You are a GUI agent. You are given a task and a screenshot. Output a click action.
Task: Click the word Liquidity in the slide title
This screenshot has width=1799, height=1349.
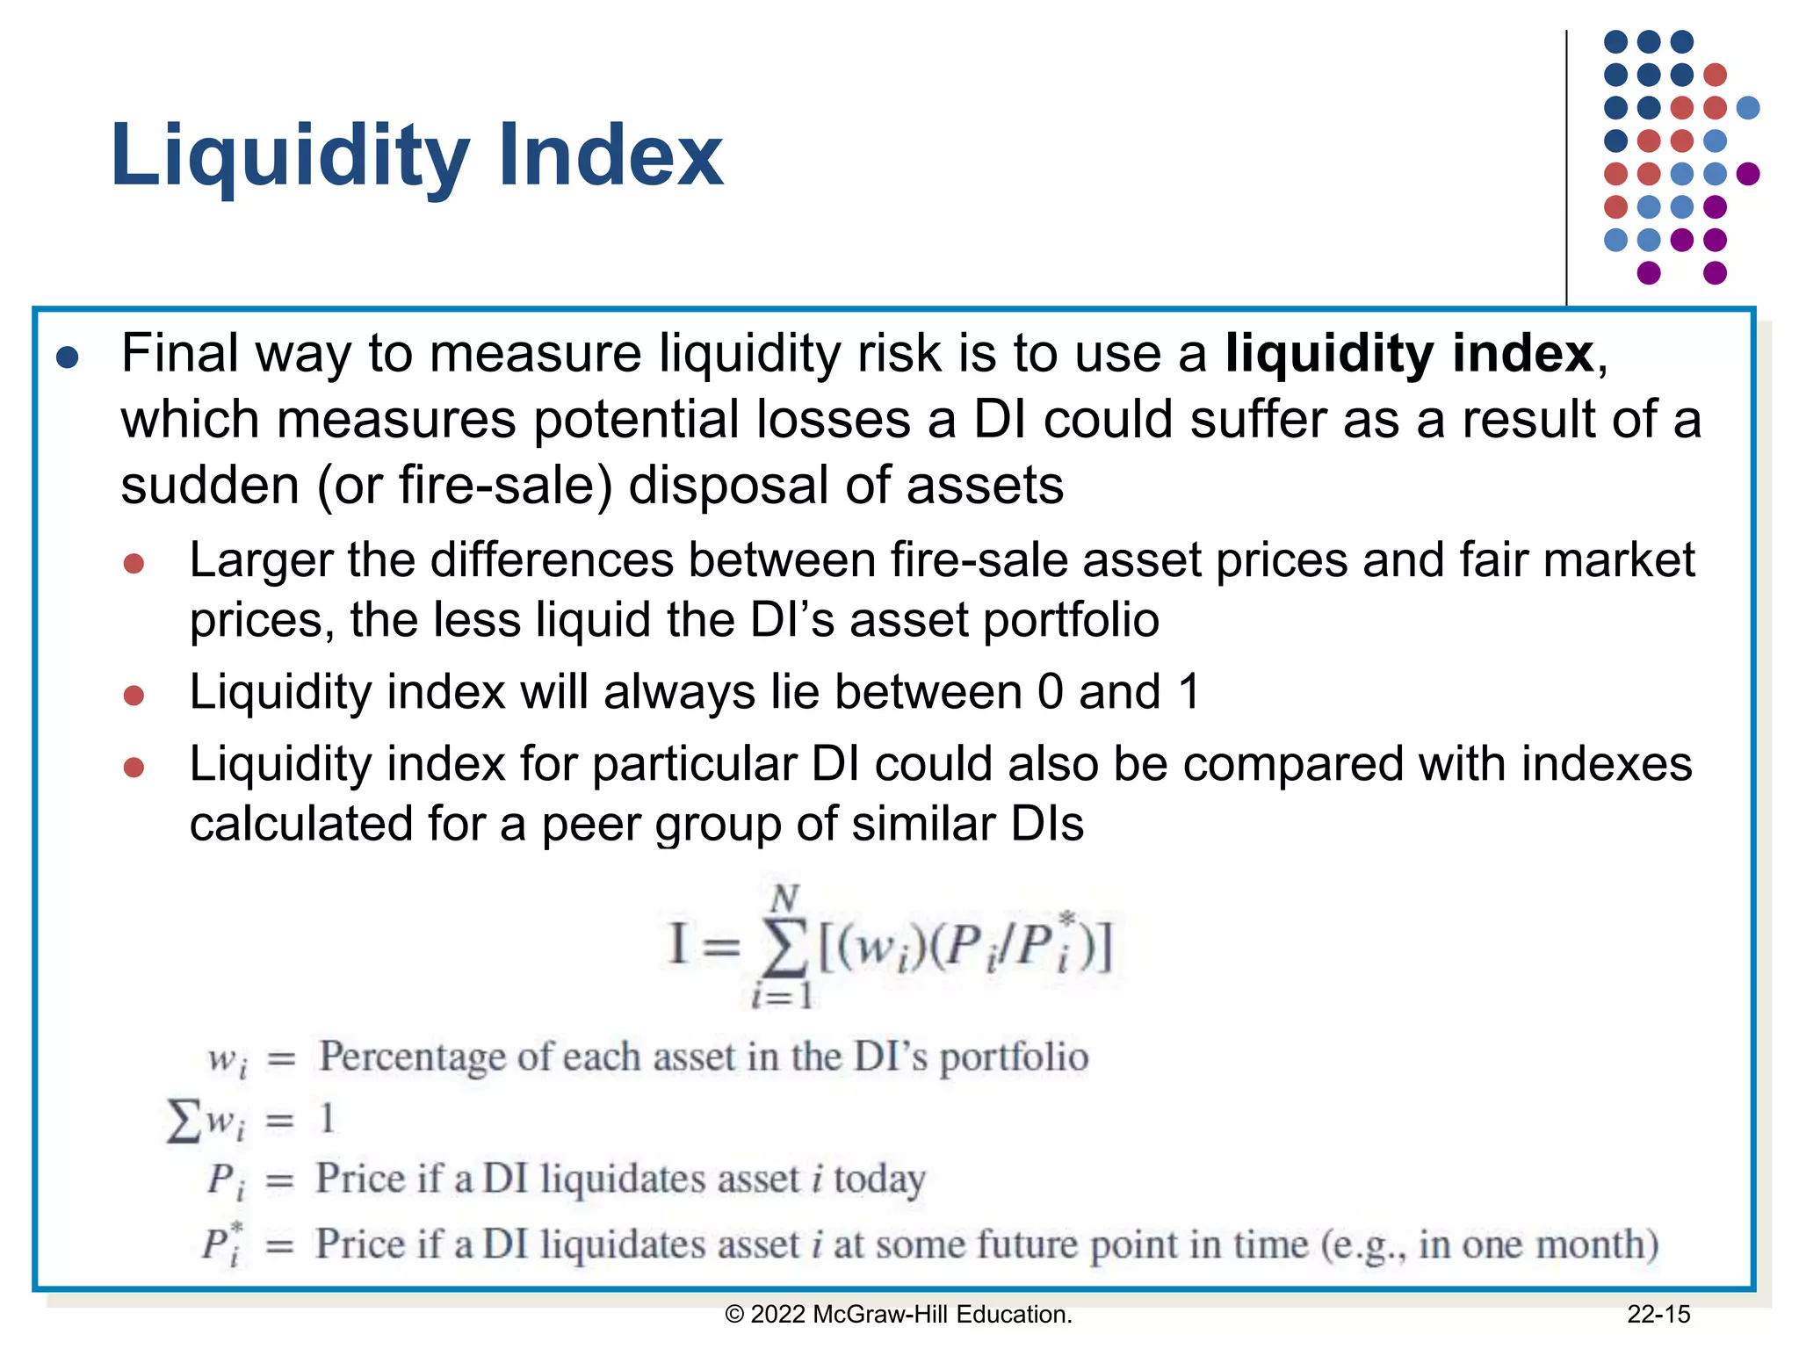click(290, 156)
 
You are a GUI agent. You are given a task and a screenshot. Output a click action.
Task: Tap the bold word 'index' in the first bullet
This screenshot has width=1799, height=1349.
click(1522, 353)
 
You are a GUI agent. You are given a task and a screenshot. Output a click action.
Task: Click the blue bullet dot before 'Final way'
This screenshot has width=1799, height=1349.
click(68, 357)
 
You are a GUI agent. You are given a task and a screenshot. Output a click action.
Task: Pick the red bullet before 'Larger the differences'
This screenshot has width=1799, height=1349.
click(134, 563)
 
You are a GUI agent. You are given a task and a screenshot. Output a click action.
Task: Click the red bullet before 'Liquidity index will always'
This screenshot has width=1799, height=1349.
click(134, 696)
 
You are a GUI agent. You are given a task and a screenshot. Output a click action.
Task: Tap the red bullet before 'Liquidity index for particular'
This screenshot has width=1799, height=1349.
click(134, 768)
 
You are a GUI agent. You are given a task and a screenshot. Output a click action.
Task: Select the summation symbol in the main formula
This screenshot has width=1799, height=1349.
click(784, 950)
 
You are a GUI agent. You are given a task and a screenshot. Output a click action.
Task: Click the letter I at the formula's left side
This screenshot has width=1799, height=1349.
click(677, 945)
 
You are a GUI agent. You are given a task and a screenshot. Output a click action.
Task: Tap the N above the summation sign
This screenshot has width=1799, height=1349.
click(784, 898)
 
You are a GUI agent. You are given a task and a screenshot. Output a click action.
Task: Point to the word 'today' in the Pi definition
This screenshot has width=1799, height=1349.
click(879, 1179)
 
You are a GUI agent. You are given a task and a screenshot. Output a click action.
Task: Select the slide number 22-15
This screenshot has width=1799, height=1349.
click(1658, 1315)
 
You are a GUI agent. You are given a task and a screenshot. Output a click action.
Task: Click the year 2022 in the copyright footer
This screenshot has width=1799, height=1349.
click(777, 1315)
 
